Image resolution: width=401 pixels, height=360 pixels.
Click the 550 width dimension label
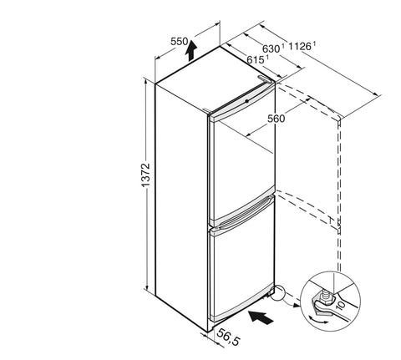[x=180, y=42]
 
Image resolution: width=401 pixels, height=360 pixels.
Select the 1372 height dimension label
[x=145, y=175]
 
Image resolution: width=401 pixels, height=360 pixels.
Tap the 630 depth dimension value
[x=271, y=48]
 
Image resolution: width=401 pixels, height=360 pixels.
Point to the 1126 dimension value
[x=299, y=46]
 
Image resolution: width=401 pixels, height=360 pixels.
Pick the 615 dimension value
[x=255, y=59]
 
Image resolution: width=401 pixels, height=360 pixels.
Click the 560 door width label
[x=277, y=119]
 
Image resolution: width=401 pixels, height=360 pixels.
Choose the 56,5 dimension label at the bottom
[x=228, y=337]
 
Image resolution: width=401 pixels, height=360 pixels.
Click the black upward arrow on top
[x=191, y=50]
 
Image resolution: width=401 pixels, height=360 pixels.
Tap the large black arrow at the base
[x=261, y=317]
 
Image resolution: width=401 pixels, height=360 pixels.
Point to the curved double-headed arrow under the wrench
[x=318, y=320]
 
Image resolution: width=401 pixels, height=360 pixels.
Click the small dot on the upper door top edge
[x=246, y=101]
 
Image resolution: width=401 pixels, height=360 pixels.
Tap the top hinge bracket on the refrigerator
[x=265, y=79]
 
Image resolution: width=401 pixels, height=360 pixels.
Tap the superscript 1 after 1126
[x=314, y=43]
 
